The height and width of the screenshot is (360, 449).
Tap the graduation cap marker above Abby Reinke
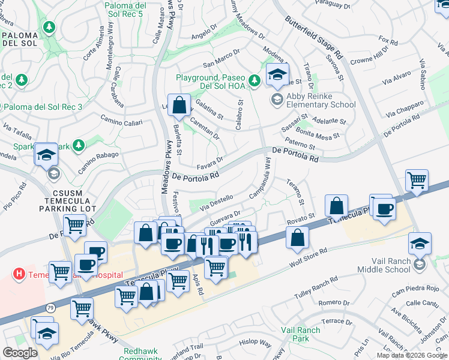277,75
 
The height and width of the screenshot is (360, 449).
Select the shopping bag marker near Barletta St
179,106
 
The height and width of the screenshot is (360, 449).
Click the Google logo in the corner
20,353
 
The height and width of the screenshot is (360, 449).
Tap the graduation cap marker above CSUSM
46,155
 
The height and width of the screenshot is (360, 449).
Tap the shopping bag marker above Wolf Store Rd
297,238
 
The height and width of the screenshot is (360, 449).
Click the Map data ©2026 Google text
412,355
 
